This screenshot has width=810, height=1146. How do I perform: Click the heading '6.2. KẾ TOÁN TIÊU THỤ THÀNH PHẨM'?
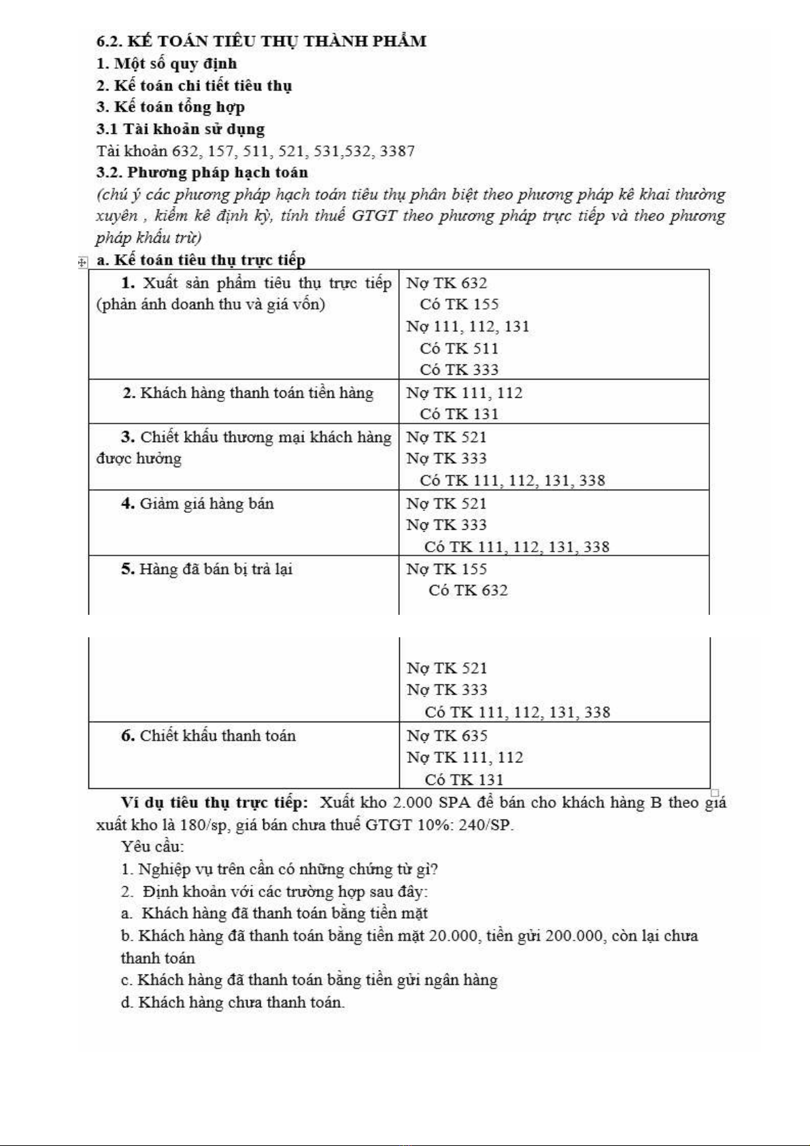(x=261, y=41)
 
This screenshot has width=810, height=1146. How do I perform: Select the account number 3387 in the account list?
(x=397, y=151)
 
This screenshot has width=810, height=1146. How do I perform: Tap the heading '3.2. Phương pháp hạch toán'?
(x=202, y=173)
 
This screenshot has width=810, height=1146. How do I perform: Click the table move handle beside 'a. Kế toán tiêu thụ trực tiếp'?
(x=82, y=262)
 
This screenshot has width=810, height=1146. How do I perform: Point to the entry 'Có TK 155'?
(x=459, y=305)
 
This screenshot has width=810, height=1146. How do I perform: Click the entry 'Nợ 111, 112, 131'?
(x=467, y=326)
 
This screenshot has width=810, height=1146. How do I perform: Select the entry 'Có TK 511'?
(x=459, y=349)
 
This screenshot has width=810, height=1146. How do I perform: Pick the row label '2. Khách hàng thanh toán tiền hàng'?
(x=248, y=393)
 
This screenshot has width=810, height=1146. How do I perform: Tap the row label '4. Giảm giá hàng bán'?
(x=197, y=504)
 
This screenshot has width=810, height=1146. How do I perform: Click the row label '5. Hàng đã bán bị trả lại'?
(x=207, y=569)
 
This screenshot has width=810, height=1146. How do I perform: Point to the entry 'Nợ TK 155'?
(x=446, y=569)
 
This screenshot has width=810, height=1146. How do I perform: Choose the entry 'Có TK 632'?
(x=468, y=590)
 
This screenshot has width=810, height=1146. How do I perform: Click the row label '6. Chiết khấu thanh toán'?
(x=208, y=736)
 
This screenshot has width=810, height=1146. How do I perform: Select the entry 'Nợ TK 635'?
(x=447, y=736)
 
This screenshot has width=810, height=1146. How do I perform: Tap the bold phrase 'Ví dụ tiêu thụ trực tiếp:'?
(x=214, y=803)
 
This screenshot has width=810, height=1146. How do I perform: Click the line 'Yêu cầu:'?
(x=152, y=847)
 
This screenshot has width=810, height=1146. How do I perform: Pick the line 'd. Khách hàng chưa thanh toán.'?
(x=233, y=1002)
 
